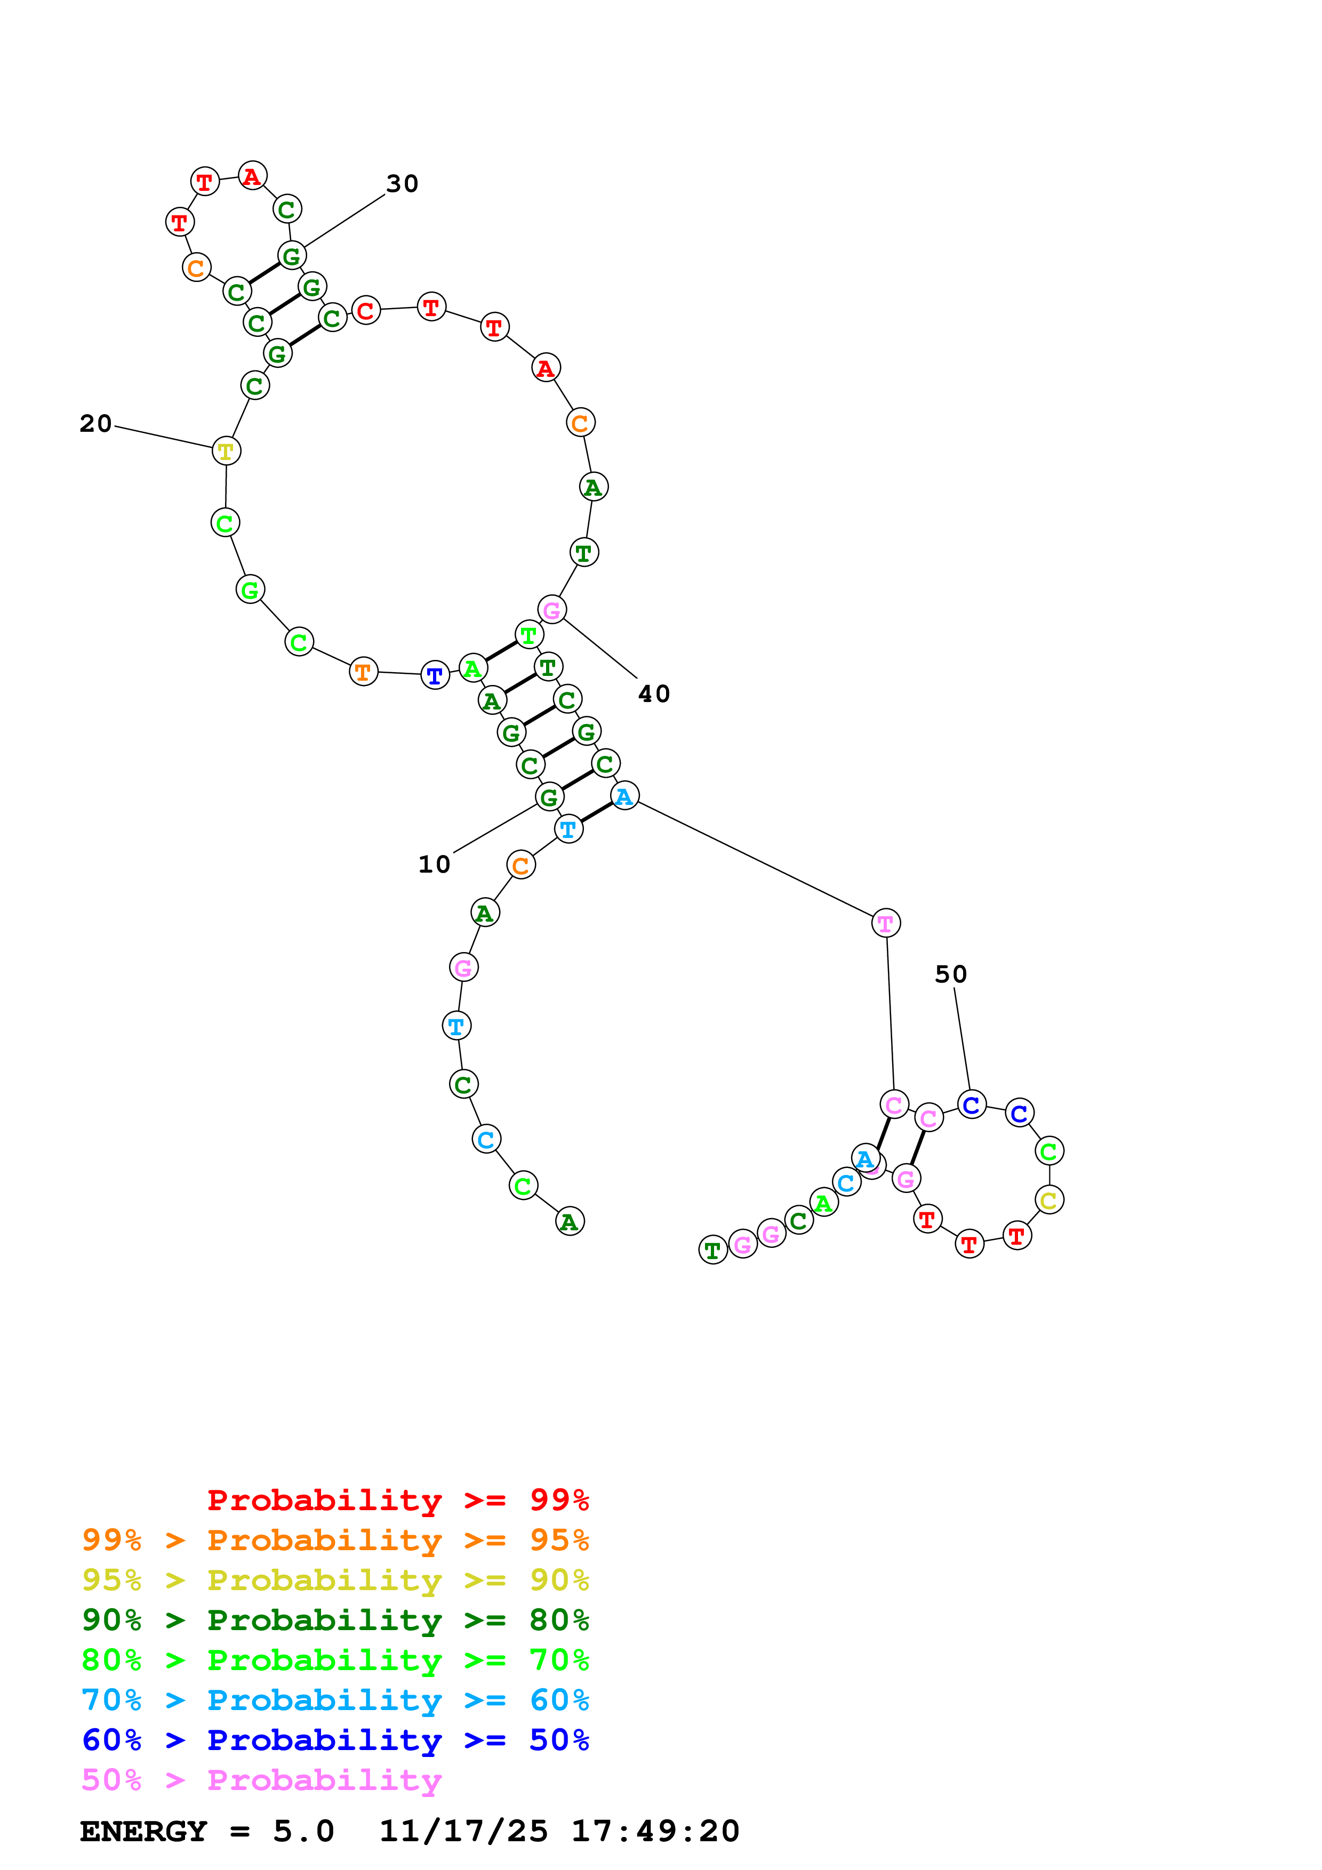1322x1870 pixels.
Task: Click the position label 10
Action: (x=434, y=864)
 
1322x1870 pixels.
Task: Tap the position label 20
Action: (x=95, y=423)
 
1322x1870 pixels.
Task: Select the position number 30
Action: (x=403, y=184)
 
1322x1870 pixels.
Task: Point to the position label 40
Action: (x=654, y=694)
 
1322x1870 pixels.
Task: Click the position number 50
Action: (x=950, y=974)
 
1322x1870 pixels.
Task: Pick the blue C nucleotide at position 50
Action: (x=972, y=1105)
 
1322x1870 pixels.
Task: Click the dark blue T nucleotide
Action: (x=435, y=675)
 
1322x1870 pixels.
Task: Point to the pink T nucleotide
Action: (x=885, y=924)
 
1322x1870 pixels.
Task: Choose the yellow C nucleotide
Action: (x=1049, y=1200)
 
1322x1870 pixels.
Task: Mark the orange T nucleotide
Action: (x=363, y=672)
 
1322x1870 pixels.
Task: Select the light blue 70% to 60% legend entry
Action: (x=335, y=1700)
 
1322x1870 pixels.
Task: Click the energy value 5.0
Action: (x=303, y=1832)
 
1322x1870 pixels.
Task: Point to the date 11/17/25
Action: (x=463, y=1832)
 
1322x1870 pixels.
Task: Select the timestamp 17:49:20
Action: (x=655, y=1832)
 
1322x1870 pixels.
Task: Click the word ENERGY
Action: (x=143, y=1832)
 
